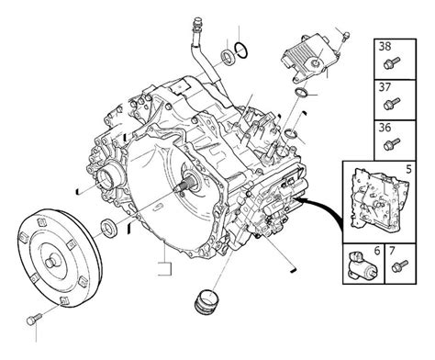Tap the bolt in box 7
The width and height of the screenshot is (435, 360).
point(399,268)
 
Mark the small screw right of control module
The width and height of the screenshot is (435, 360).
point(342,37)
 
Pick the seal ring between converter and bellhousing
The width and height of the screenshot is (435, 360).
point(108,227)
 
